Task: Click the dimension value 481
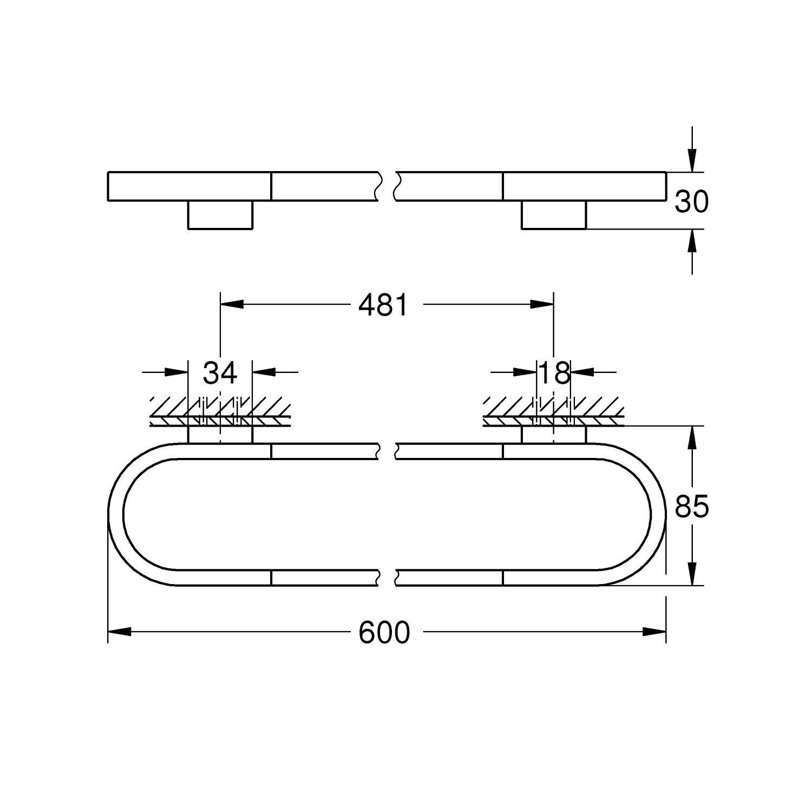point(383,305)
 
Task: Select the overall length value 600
point(384,632)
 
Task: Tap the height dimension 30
point(691,202)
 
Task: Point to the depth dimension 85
point(691,507)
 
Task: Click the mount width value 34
point(220,372)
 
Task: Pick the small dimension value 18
point(554,372)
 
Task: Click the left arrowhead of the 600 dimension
point(119,631)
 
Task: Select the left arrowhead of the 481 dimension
point(232,305)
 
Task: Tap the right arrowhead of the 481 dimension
point(542,305)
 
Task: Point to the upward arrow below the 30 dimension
point(691,241)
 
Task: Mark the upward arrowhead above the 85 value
point(691,438)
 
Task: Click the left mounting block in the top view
point(220,215)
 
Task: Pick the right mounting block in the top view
point(554,215)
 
